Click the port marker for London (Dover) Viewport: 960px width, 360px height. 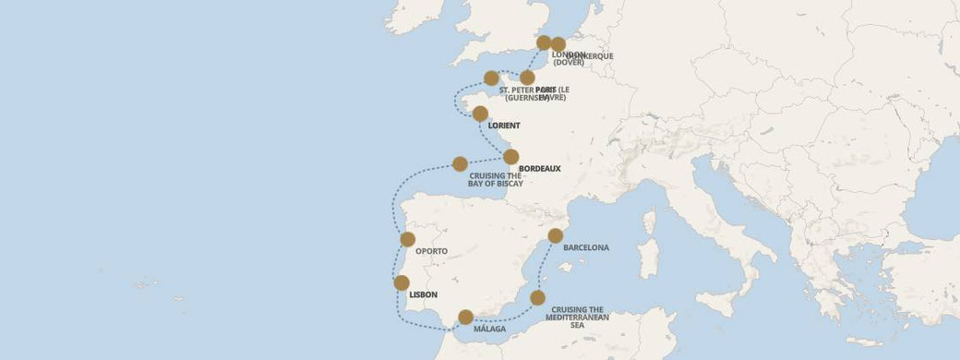click(x=545, y=42)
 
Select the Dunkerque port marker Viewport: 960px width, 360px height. click(x=558, y=44)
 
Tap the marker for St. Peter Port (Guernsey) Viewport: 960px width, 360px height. click(x=491, y=78)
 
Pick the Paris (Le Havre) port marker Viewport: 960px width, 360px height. click(x=527, y=78)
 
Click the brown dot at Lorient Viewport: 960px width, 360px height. click(x=480, y=114)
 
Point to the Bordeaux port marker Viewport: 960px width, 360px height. click(x=510, y=157)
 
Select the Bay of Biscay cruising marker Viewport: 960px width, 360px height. click(x=460, y=163)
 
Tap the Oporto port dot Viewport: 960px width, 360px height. click(x=408, y=239)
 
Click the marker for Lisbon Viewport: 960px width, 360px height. click(x=402, y=282)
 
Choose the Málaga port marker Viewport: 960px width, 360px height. click(x=466, y=317)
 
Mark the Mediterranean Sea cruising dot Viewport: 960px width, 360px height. click(x=537, y=297)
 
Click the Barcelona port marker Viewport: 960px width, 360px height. click(x=555, y=235)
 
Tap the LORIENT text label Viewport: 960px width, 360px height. click(x=504, y=126)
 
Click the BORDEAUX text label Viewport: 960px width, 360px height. click(x=540, y=169)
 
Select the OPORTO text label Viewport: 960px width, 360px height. click(x=432, y=251)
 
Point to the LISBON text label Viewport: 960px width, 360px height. click(x=422, y=295)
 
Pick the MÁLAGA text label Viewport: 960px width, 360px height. click(x=489, y=330)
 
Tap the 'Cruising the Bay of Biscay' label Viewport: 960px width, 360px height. click(x=497, y=179)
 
